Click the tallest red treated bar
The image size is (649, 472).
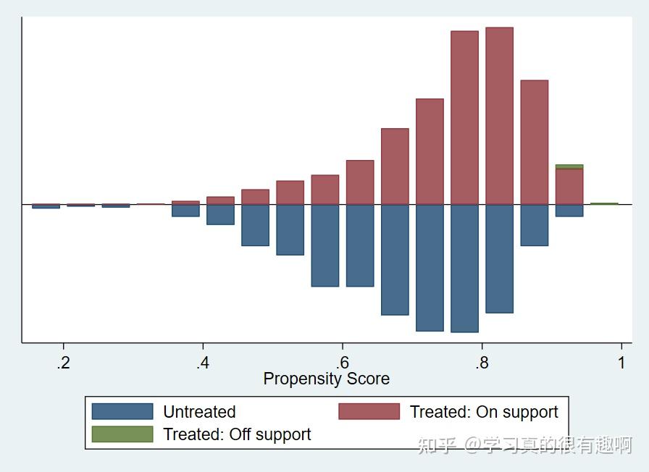click(x=499, y=116)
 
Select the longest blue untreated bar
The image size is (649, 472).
click(x=464, y=268)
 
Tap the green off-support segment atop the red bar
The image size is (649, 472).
click(x=569, y=167)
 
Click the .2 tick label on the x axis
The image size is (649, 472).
click(x=64, y=363)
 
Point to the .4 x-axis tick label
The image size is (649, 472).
click(x=203, y=363)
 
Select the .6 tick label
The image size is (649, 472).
click(x=343, y=363)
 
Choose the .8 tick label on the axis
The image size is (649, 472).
click(x=482, y=363)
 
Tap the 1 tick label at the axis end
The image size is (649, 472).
click(x=621, y=363)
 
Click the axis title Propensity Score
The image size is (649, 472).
click(x=326, y=379)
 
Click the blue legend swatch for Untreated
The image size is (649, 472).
click(x=122, y=412)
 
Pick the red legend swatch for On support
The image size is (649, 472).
click(x=369, y=412)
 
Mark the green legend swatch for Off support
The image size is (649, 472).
click(x=122, y=434)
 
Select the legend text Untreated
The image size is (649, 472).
click(x=199, y=412)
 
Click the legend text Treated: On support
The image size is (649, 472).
click(x=484, y=412)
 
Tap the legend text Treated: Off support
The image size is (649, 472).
click(x=237, y=434)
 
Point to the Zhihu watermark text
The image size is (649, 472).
click(x=524, y=445)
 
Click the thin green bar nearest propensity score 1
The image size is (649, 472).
click(x=604, y=203)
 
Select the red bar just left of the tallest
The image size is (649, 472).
click(x=464, y=117)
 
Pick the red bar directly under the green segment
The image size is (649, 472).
click(x=569, y=186)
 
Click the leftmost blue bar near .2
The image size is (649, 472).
click(x=46, y=206)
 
